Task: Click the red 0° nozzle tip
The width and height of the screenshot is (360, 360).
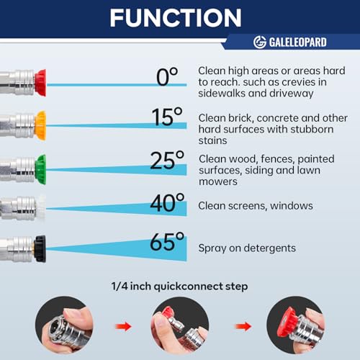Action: point(40,83)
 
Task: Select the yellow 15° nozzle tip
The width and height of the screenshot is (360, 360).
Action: point(40,125)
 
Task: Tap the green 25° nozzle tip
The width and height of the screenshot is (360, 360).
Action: point(40,169)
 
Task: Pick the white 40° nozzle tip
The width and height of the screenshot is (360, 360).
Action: point(41,208)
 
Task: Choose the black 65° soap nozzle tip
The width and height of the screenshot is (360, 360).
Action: point(40,249)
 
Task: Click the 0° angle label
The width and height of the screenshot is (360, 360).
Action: point(167,76)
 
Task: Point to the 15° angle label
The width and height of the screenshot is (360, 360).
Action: point(167,117)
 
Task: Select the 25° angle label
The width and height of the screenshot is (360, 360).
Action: point(167,160)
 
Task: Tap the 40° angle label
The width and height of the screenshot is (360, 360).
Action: point(167,202)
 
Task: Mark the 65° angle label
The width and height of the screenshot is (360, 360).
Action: point(167,241)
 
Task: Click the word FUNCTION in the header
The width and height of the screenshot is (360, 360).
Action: point(176,18)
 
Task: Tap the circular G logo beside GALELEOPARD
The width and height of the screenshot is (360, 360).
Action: point(260,42)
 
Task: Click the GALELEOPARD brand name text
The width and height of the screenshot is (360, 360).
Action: point(297,42)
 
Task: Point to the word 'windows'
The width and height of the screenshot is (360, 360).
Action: point(292,206)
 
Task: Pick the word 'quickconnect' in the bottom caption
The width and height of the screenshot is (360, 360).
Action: point(188,287)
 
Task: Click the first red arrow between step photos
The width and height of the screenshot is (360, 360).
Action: point(123,326)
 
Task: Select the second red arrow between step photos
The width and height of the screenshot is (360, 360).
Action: point(243,326)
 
